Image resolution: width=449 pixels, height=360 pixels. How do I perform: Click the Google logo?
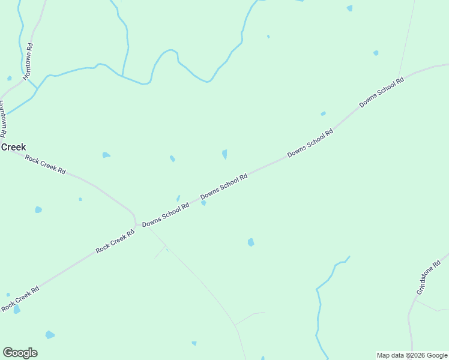click(20, 352)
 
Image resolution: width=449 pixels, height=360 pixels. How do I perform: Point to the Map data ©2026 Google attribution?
click(412, 355)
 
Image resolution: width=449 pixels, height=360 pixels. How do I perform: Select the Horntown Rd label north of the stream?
click(28, 61)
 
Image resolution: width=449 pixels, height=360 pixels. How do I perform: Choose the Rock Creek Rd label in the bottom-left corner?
click(20, 299)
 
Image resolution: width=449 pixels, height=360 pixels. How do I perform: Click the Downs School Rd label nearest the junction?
click(165, 214)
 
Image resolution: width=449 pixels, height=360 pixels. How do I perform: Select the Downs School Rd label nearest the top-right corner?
click(381, 92)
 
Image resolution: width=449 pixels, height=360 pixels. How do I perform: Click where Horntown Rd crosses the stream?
click(37, 89)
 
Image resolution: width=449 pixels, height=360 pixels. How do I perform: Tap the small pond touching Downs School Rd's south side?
click(203, 203)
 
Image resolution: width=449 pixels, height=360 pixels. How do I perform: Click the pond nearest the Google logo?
click(50, 334)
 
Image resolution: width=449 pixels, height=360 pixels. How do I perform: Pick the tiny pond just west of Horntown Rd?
click(9, 78)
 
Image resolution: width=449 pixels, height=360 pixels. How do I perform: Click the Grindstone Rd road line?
click(410, 318)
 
